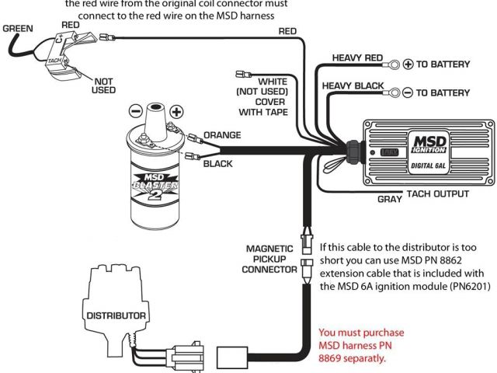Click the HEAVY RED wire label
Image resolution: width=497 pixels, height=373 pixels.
[x=357, y=58]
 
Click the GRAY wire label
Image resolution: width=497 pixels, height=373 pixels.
[x=389, y=199]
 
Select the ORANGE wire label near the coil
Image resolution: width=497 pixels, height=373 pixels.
[x=222, y=134]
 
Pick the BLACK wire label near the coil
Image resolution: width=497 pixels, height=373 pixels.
[x=218, y=164]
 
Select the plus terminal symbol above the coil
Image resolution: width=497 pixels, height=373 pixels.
[x=176, y=110]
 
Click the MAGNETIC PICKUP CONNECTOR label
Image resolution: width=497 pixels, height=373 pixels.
[x=270, y=259]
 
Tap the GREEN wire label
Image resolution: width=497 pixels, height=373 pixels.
[x=17, y=29]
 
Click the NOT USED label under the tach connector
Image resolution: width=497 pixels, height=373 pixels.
[x=103, y=84]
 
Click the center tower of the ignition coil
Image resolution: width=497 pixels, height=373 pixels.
[x=156, y=117]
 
